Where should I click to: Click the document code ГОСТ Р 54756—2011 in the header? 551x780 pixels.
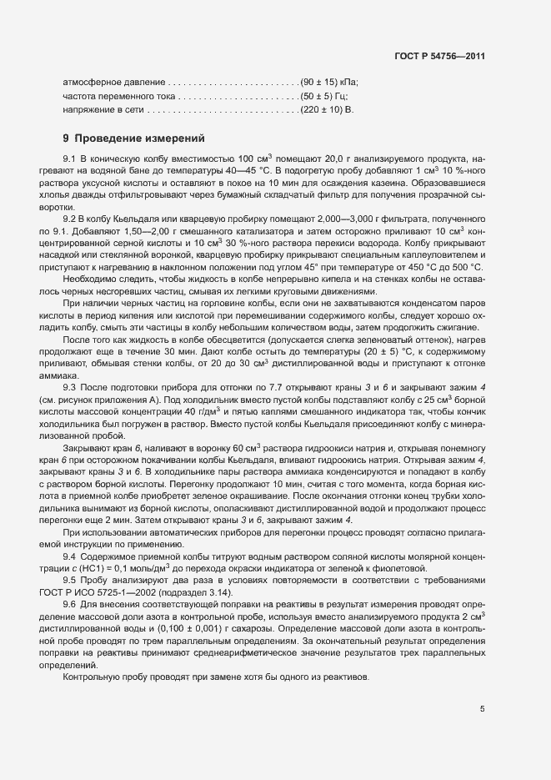click(x=442, y=56)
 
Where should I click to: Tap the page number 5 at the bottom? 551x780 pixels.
click(x=482, y=710)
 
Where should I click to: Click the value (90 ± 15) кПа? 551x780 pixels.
click(x=330, y=83)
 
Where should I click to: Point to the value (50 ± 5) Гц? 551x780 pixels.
click(x=328, y=96)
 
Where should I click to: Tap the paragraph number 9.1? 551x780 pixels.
click(x=70, y=159)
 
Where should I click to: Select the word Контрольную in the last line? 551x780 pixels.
click(x=90, y=677)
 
